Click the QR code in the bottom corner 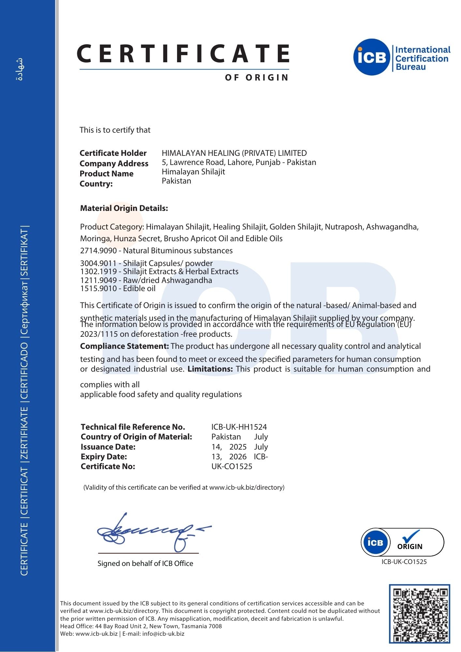coord(419,614)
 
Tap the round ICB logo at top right coord(372,57)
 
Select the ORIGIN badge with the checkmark coord(402,542)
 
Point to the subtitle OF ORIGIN coord(257,78)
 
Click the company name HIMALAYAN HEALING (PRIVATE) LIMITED coord(234,153)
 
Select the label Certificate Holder coord(113,153)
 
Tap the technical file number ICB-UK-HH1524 coord(239,427)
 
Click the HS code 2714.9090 coord(98,251)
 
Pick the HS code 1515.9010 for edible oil coord(98,289)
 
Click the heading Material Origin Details coord(124,208)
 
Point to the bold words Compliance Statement coord(124,346)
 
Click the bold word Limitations coord(210,369)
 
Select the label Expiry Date coord(104,456)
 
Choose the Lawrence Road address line coord(239,162)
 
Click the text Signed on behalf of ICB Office coord(145,563)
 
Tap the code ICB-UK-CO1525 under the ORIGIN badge coord(404,562)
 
